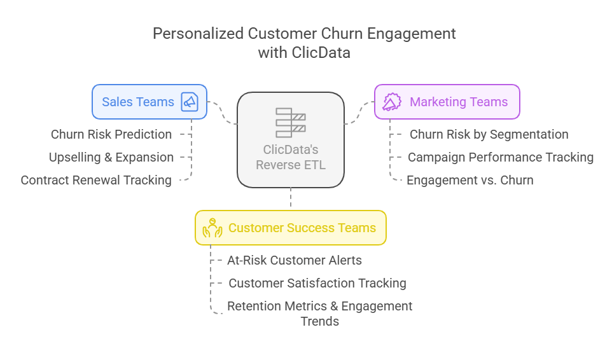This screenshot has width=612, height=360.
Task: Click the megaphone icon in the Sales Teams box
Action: point(190,102)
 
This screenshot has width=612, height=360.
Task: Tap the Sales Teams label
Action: point(138,102)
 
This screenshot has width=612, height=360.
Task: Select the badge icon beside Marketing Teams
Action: point(392,102)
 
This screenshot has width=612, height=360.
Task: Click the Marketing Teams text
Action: point(459,102)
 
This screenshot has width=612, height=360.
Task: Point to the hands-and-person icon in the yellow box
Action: point(212,228)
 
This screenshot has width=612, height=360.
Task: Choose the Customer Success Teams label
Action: point(302,228)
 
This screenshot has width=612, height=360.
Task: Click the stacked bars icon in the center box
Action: point(291,123)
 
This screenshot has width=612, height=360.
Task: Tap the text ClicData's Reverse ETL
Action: point(291,157)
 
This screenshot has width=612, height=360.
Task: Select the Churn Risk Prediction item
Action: point(111,134)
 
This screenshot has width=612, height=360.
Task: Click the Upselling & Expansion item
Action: point(111,157)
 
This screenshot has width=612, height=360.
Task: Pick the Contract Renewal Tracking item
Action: point(96,180)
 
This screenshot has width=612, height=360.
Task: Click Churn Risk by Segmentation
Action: point(489,134)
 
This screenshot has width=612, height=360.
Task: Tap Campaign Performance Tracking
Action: point(501,157)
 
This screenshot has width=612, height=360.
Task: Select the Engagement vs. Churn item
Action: point(470,180)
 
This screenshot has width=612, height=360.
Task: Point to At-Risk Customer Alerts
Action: point(295,260)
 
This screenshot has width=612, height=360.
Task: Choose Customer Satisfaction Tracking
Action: point(317,283)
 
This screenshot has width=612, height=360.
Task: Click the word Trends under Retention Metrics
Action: point(319,321)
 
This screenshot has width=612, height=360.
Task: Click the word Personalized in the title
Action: point(198,34)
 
